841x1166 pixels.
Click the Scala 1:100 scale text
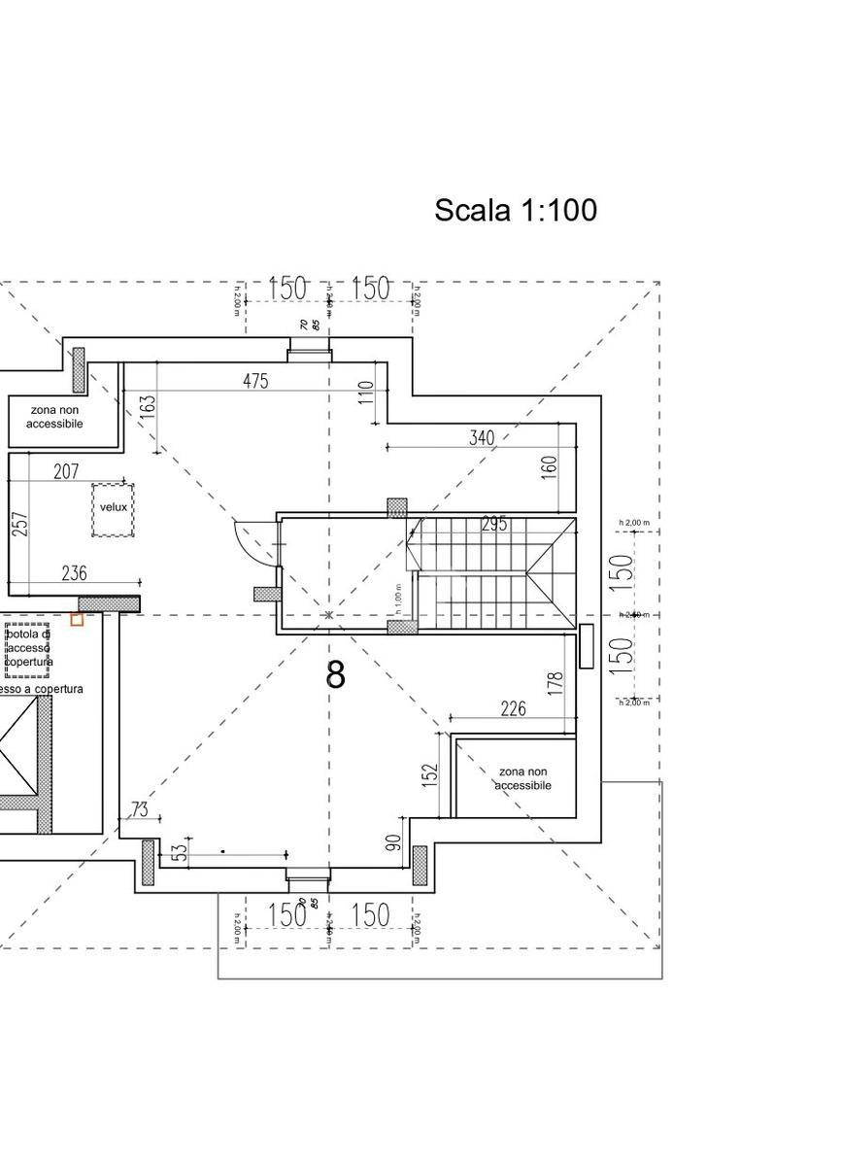[515, 210]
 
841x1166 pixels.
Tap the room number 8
[335, 674]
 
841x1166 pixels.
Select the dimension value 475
[255, 381]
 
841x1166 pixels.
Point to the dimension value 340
[482, 437]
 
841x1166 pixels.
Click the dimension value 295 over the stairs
[494, 525]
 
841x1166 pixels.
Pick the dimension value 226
[513, 709]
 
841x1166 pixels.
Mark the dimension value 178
[555, 683]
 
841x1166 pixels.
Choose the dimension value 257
[20, 524]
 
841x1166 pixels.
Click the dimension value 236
[74, 573]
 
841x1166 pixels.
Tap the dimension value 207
[66, 472]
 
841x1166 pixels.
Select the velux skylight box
[113, 509]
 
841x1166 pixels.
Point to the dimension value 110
[365, 393]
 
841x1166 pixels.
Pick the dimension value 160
[549, 467]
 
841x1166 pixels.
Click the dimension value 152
[431, 775]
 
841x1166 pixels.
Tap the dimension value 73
[140, 808]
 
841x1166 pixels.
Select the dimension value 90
[394, 842]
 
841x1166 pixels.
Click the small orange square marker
[77, 619]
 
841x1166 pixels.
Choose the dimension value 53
[179, 852]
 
